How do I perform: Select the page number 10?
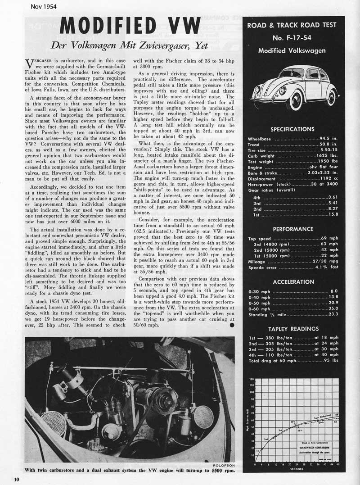pyautogui.click(x=16, y=478)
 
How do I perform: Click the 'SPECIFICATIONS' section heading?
pyautogui.click(x=292, y=129)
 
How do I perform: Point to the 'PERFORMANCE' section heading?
pyautogui.click(x=293, y=229)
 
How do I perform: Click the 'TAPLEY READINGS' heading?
pyautogui.click(x=293, y=329)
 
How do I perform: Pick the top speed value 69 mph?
pyautogui.click(x=331, y=239)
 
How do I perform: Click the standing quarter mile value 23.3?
pyautogui.click(x=333, y=315)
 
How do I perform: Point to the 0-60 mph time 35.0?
pyautogui.click(x=333, y=309)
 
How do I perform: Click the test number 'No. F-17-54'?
pyautogui.click(x=293, y=38)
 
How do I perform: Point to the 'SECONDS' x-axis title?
pyautogui.click(x=297, y=468)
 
